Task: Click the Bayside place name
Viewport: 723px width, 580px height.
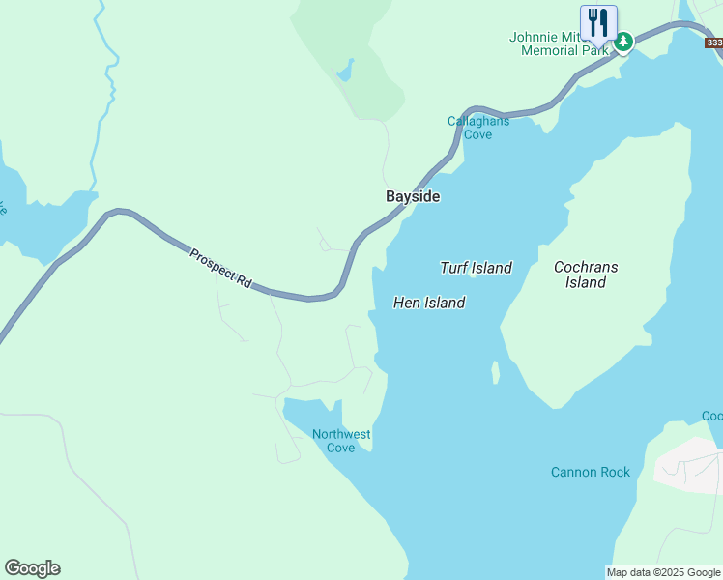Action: point(413,196)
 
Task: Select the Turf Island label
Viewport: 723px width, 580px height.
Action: point(476,268)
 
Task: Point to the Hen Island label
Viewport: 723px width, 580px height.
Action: point(429,303)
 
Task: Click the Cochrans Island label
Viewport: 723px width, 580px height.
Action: point(586,275)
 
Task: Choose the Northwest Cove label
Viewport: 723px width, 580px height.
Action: point(341,441)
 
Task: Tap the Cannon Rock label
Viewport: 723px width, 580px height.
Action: point(591,472)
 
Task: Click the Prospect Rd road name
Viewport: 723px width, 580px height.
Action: point(220,269)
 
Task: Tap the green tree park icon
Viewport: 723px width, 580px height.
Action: point(624,42)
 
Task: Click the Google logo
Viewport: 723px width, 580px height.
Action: point(32,568)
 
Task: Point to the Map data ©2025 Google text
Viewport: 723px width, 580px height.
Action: point(663,572)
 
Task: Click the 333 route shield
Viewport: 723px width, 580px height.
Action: point(714,43)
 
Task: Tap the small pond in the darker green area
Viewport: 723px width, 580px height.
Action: point(345,71)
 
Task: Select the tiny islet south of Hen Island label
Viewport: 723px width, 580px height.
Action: point(496,372)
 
